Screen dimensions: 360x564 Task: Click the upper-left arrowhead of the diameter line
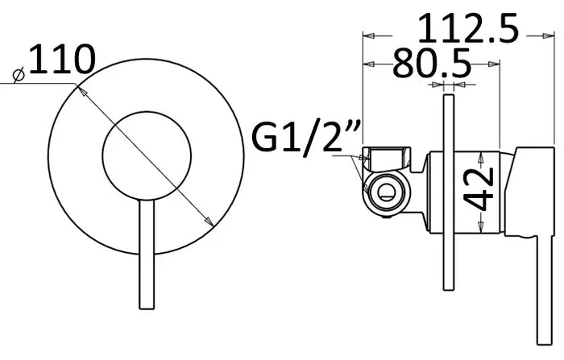point(79,89)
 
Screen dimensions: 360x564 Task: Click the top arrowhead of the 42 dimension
point(479,155)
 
